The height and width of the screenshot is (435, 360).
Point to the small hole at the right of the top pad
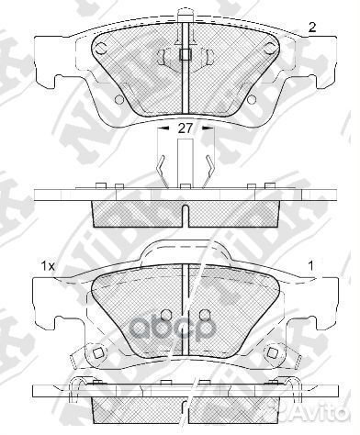click(260, 98)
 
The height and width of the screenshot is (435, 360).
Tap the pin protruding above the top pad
click(186, 13)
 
